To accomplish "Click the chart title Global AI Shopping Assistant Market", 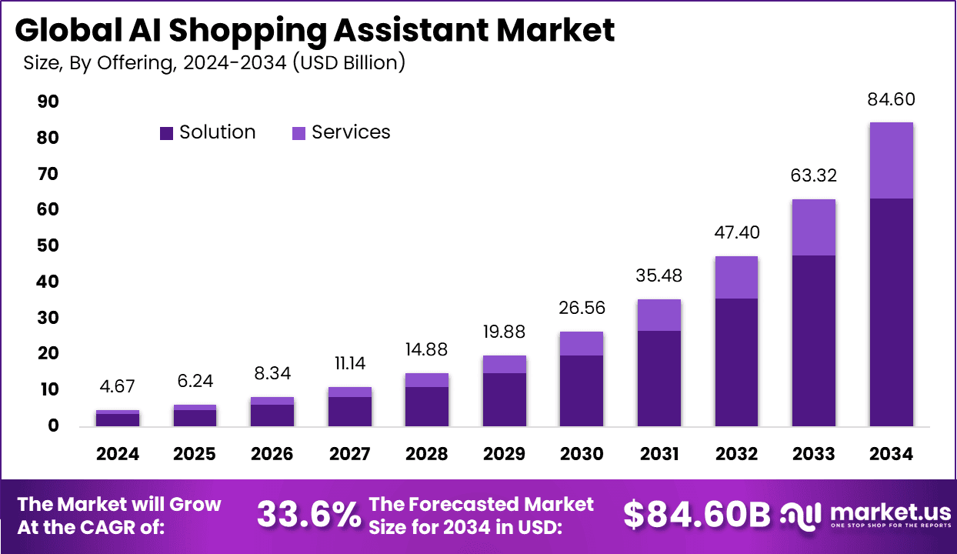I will [x=315, y=30].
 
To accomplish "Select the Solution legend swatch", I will [x=167, y=133].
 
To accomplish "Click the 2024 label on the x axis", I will [x=118, y=454].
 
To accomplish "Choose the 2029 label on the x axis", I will [x=504, y=454].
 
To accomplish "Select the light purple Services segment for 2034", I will [x=891, y=160].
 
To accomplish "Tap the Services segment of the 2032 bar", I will [x=736, y=277].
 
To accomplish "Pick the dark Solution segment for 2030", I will [x=582, y=390].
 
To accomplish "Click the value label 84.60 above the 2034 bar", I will [x=891, y=100].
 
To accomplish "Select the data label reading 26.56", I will [x=582, y=309].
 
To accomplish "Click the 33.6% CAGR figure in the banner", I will [x=308, y=515].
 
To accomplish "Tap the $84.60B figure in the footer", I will [x=696, y=515].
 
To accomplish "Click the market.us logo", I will [x=865, y=515].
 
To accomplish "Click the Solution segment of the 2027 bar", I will [x=350, y=411].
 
